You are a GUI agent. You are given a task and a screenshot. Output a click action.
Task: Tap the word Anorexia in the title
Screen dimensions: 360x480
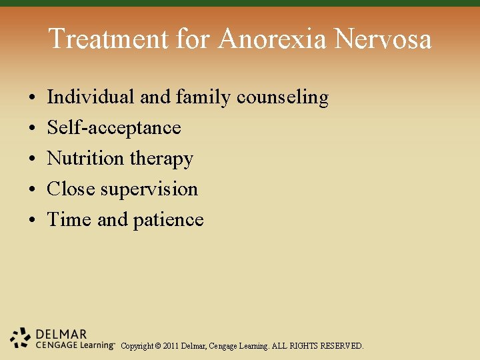pos(273,39)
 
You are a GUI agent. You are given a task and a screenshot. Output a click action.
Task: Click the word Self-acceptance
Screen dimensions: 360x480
pos(113,128)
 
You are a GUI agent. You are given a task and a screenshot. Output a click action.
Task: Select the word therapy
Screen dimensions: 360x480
pos(161,159)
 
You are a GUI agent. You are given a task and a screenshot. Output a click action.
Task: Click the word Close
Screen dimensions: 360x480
pos(71,189)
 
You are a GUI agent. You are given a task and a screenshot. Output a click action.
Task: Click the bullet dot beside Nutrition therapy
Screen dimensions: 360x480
pos(33,159)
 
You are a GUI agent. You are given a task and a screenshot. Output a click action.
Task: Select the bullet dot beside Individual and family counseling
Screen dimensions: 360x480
pos(33,98)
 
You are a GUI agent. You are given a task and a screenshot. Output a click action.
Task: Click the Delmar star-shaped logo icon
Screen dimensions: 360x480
pos(21,339)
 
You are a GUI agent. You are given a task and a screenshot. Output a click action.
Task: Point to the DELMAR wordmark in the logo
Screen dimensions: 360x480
pos(62,334)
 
